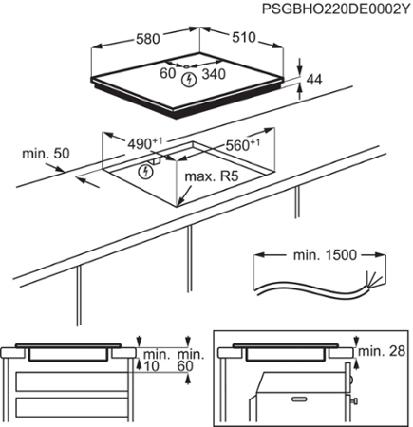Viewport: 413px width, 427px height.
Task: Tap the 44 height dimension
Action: click(314, 83)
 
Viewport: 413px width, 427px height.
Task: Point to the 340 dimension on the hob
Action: click(214, 75)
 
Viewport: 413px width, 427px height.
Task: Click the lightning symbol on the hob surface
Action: click(189, 76)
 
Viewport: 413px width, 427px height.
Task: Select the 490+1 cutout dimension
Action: click(143, 143)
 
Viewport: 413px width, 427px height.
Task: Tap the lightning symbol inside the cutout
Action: click(145, 171)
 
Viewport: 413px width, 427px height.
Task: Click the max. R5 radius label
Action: click(211, 177)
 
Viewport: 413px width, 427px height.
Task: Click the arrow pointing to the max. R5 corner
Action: click(180, 196)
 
